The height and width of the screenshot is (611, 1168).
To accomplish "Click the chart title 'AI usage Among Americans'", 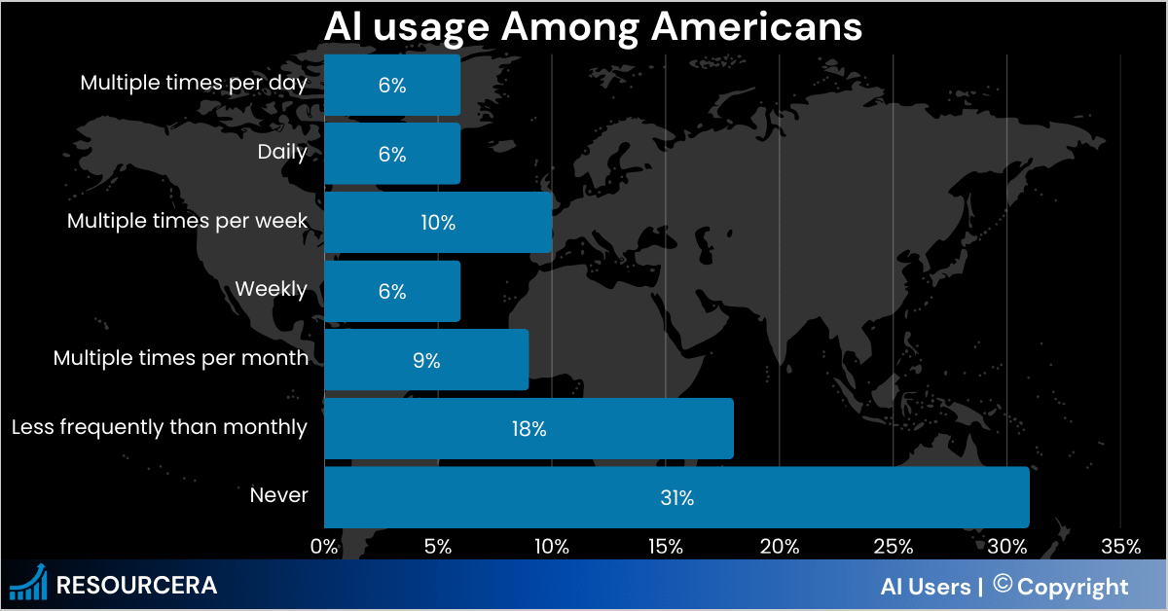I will click(593, 26).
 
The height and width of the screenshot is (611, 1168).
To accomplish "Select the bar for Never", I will click(676, 497).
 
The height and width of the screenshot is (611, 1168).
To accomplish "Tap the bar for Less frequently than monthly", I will click(529, 428).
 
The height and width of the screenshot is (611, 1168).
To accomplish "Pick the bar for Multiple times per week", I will click(438, 223).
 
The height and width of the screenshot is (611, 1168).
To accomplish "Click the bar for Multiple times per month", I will click(426, 360).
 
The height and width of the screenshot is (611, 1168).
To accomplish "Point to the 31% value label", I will click(676, 498).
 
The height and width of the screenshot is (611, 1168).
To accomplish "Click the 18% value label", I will click(529, 429).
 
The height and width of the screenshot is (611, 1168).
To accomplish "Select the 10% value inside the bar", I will click(438, 223).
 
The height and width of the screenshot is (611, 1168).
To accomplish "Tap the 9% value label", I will click(426, 361).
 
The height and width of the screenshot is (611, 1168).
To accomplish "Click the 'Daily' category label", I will click(282, 153).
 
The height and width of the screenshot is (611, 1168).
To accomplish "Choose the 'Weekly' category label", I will click(271, 290).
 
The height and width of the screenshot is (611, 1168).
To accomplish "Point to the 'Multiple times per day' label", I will click(194, 84).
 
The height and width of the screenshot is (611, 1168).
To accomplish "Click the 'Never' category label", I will click(278, 496).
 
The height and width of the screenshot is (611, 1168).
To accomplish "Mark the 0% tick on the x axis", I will click(324, 547).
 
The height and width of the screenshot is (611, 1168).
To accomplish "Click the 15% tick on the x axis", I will click(665, 547).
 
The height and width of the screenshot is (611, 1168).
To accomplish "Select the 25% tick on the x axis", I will click(893, 547).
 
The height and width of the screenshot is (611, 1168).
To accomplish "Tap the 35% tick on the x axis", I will click(1119, 547).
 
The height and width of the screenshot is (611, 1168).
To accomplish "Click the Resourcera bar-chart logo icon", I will click(28, 584).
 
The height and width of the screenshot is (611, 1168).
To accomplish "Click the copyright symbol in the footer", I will click(1002, 585).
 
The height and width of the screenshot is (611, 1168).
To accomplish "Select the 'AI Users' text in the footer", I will click(925, 587).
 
